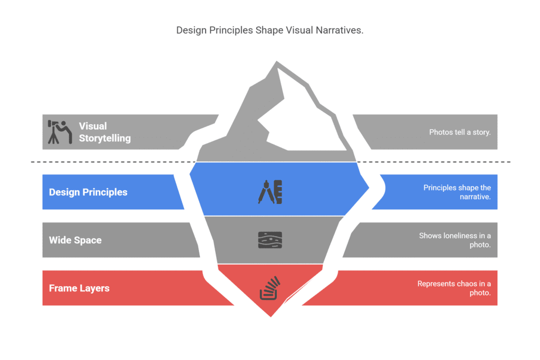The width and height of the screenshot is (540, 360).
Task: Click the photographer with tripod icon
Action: point(60,132)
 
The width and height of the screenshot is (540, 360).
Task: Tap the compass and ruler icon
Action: point(271,192)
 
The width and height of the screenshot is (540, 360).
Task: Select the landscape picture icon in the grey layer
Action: point(270,240)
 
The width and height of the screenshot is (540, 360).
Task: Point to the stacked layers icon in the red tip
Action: point(270,288)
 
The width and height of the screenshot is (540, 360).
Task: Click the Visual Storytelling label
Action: point(105,132)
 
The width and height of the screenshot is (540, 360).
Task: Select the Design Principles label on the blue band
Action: point(88,192)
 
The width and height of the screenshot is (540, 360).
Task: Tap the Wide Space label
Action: point(75,240)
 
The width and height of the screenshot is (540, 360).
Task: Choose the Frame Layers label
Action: point(79,288)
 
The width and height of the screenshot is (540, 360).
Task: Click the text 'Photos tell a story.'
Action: point(460,132)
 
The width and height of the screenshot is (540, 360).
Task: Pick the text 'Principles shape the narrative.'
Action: point(457,192)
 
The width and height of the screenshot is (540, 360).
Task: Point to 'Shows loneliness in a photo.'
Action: point(455,240)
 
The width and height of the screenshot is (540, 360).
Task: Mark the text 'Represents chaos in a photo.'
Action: point(454,288)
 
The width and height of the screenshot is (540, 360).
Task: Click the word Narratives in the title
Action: point(340,30)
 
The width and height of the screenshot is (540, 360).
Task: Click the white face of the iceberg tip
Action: point(303,117)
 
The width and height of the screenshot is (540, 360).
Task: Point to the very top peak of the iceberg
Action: point(276,62)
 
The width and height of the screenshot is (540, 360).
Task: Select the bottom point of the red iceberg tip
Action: point(271,316)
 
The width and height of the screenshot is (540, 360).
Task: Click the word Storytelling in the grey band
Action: point(105,138)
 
